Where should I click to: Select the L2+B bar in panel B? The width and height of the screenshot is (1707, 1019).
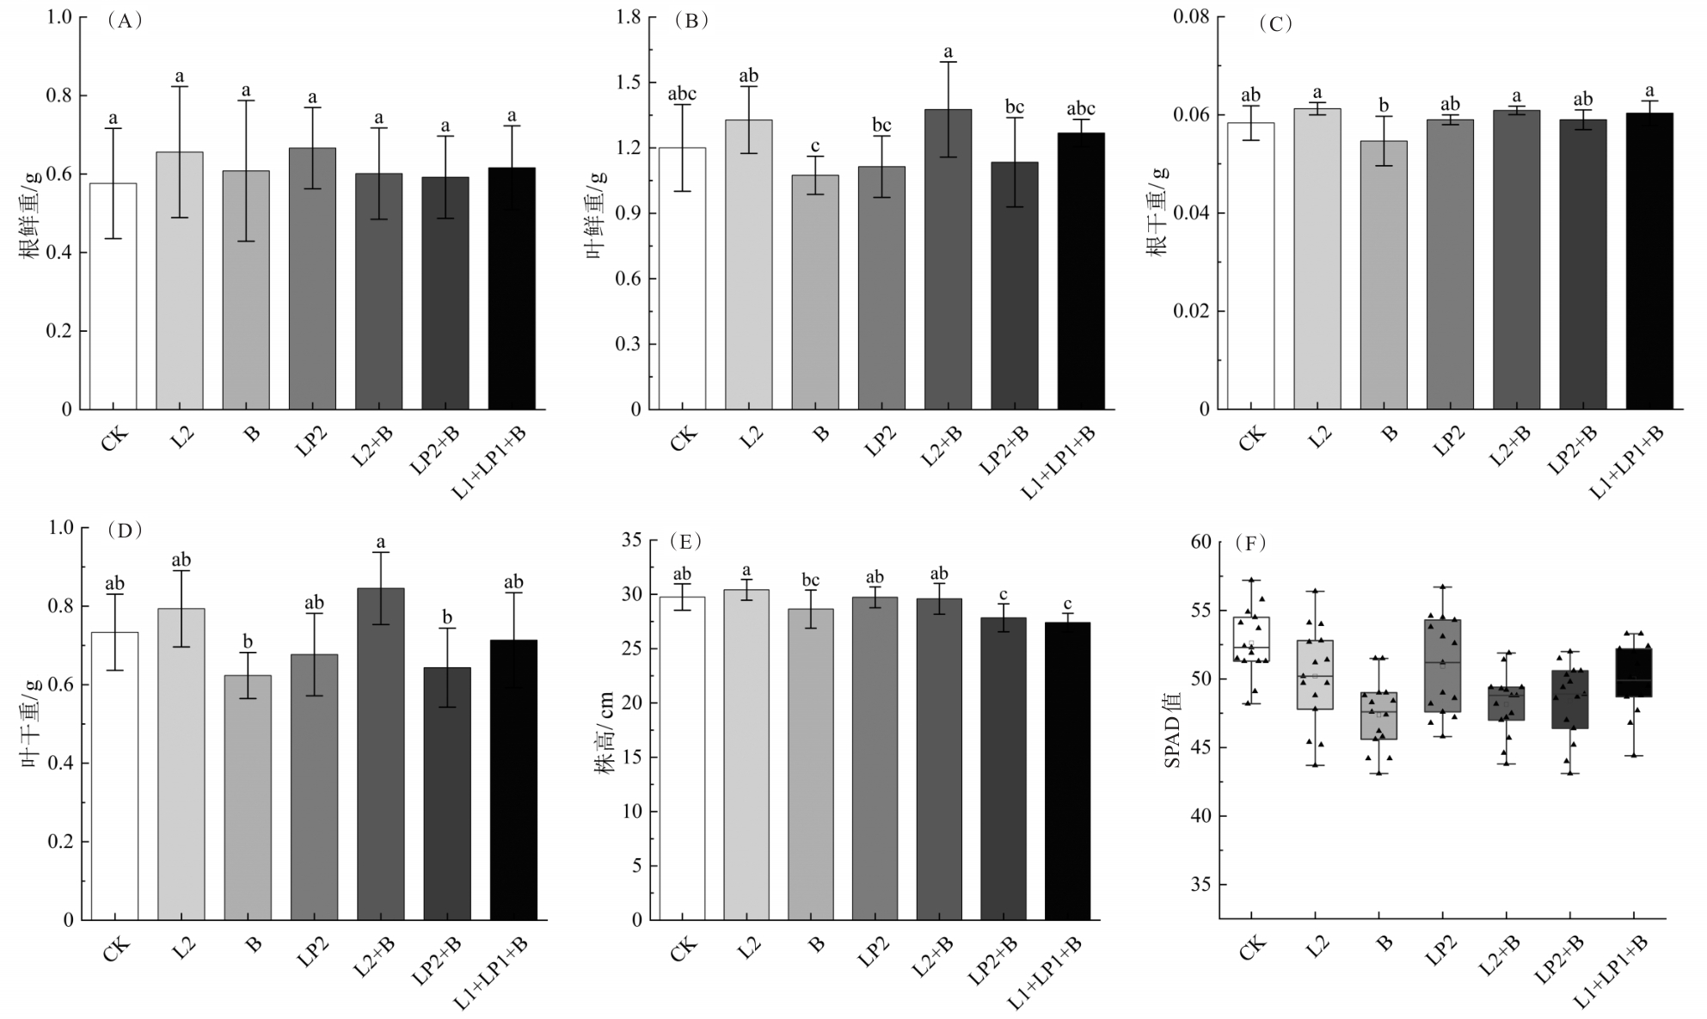[949, 259]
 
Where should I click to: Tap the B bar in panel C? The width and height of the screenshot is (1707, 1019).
[1384, 274]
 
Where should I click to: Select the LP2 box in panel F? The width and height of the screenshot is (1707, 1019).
[1443, 666]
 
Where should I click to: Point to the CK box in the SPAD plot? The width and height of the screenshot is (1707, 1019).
[1251, 639]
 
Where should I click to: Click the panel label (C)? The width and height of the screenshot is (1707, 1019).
[1275, 24]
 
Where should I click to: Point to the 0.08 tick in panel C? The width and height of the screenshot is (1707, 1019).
[1191, 17]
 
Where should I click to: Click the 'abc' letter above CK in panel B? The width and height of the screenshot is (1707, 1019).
[682, 94]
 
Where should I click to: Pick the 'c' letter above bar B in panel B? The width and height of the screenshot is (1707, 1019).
[815, 145]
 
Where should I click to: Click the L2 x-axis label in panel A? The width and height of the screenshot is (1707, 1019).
[182, 435]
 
